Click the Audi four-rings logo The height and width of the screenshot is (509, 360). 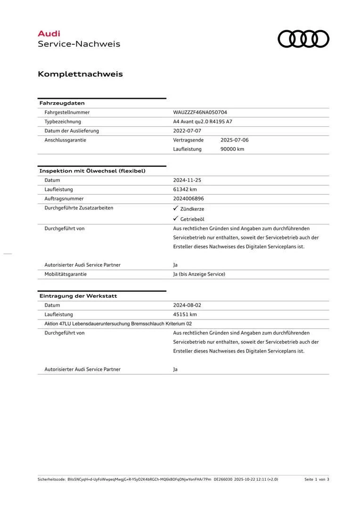pyautogui.click(x=303, y=39)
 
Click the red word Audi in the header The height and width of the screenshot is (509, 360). pyautogui.click(x=49, y=33)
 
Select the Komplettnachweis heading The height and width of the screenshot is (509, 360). pyautogui.click(x=80, y=74)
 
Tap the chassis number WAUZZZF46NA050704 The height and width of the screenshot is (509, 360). pyautogui.click(x=200, y=112)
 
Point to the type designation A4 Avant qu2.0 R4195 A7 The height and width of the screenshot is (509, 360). pyautogui.click(x=203, y=122)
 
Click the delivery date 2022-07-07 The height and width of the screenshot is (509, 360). pyautogui.click(x=187, y=131)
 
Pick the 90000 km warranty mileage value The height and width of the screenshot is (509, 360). pyautogui.click(x=232, y=149)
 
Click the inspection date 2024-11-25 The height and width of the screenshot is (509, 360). pyautogui.click(x=187, y=180)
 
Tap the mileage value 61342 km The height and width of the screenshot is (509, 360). pyautogui.click(x=185, y=189)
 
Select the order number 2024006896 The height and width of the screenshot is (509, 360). pyautogui.click(x=188, y=198)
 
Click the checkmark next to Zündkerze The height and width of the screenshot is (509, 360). pyautogui.click(x=175, y=208)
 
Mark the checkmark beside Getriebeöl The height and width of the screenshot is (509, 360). pyautogui.click(x=175, y=219)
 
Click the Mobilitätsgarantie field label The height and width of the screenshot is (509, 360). pyautogui.click(x=65, y=274)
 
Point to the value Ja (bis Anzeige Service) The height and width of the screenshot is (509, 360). pyautogui.click(x=199, y=274)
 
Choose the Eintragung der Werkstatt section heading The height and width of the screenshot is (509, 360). pyautogui.click(x=78, y=296)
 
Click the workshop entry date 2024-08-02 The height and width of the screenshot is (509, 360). pyautogui.click(x=187, y=305)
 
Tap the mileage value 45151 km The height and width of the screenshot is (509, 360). pyautogui.click(x=185, y=314)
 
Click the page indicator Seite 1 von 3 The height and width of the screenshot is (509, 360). pyautogui.click(x=317, y=479)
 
